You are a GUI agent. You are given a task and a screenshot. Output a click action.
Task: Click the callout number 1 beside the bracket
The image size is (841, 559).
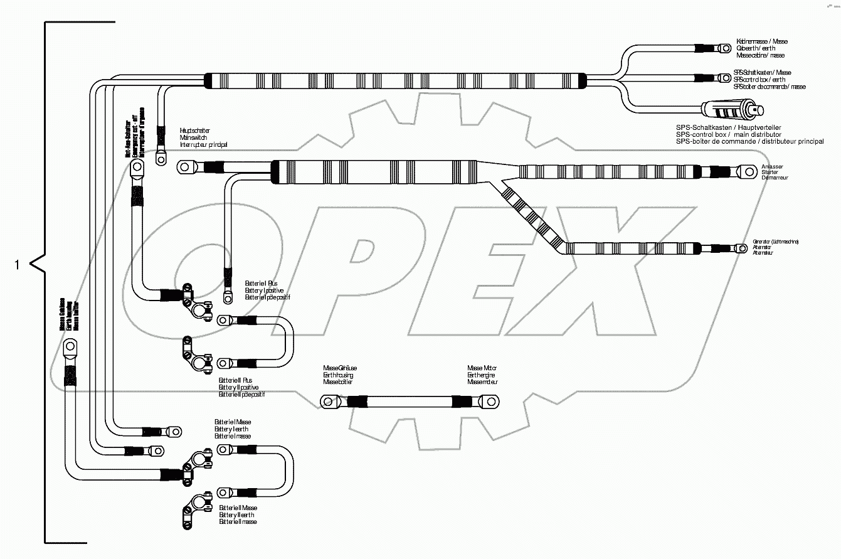tap(17, 265)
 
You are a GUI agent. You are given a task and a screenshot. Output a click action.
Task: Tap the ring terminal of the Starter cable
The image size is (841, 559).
tap(748, 171)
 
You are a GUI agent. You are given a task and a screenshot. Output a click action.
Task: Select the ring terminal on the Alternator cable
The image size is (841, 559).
tap(741, 248)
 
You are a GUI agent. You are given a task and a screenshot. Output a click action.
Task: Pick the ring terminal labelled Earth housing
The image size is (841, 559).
tap(327, 400)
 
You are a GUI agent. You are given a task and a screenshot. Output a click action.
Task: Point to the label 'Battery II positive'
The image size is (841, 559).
tap(238, 388)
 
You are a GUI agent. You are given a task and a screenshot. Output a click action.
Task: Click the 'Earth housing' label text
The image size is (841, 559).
tap(338, 375)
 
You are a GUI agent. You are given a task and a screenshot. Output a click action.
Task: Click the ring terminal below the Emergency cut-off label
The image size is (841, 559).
tap(136, 167)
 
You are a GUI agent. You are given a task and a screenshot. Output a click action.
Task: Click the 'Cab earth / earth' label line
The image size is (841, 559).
tap(755, 48)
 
